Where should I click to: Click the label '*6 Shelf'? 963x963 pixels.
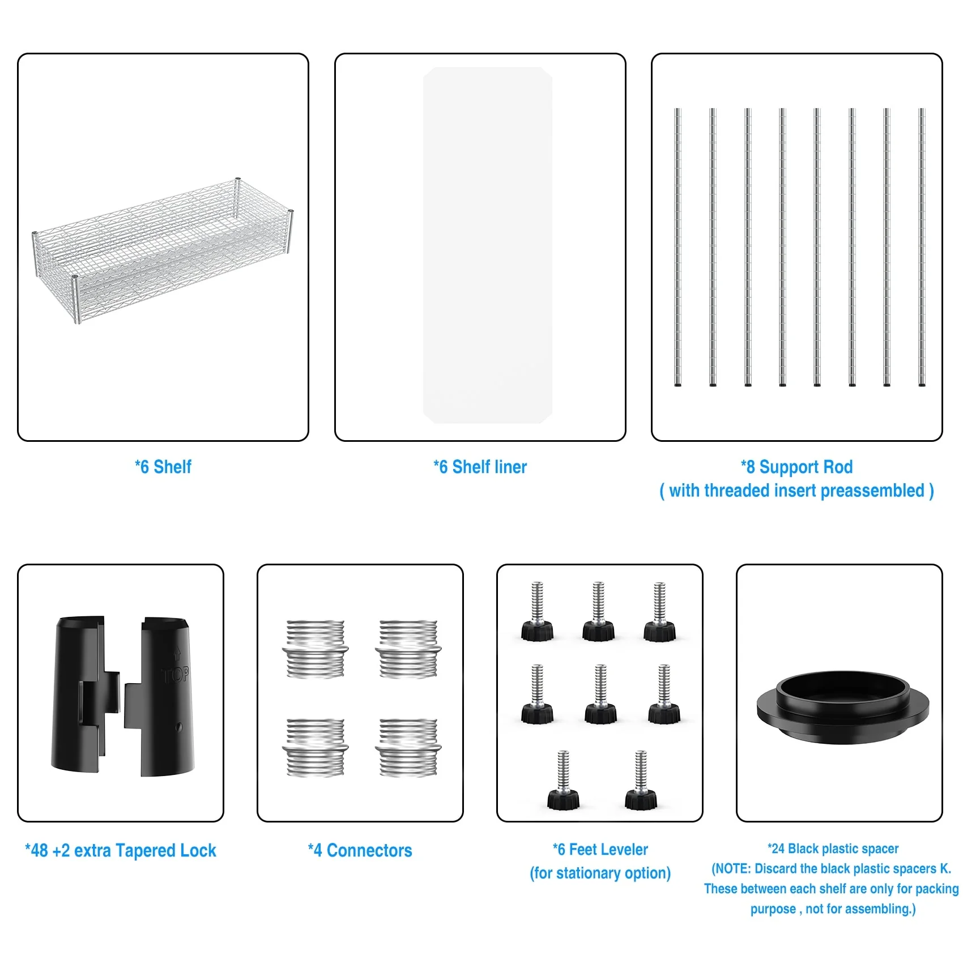click(163, 467)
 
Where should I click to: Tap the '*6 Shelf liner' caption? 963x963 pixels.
click(480, 467)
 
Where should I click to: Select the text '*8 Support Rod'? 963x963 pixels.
click(796, 467)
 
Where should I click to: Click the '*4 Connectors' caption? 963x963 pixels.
click(360, 850)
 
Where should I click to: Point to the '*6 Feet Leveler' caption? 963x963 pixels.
click(600, 849)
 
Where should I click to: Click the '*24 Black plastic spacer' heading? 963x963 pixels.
click(833, 849)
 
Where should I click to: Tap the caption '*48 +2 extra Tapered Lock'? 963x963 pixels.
click(121, 850)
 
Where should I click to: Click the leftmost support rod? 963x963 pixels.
click(677, 248)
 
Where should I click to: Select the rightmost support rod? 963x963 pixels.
click(922, 248)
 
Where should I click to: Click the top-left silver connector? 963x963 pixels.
click(315, 649)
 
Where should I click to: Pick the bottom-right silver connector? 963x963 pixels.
click(408, 748)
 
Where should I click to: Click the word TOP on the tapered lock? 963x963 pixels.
click(175, 674)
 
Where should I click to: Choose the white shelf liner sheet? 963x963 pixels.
click(487, 245)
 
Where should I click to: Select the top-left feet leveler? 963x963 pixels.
click(537, 612)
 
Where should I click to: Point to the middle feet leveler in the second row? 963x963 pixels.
click(600, 694)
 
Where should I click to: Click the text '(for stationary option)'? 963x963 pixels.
click(600, 873)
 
